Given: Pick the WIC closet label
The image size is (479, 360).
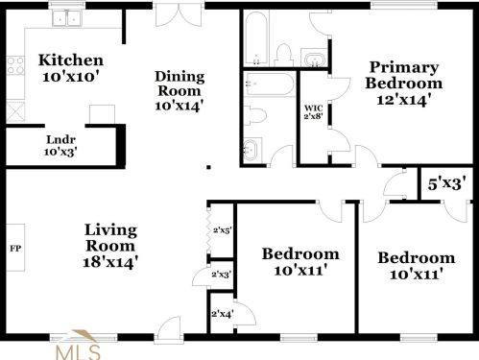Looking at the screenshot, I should click(312, 108).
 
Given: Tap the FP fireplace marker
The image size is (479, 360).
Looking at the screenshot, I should click(15, 249).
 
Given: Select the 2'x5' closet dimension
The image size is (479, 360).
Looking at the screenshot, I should click(222, 230).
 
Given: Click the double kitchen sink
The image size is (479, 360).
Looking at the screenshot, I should click(67, 17).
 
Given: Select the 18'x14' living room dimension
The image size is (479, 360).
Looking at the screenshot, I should click(111, 260).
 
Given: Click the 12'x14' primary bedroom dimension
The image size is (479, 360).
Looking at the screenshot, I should click(404, 97).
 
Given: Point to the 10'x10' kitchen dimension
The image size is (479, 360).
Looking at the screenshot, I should click(70, 77).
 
